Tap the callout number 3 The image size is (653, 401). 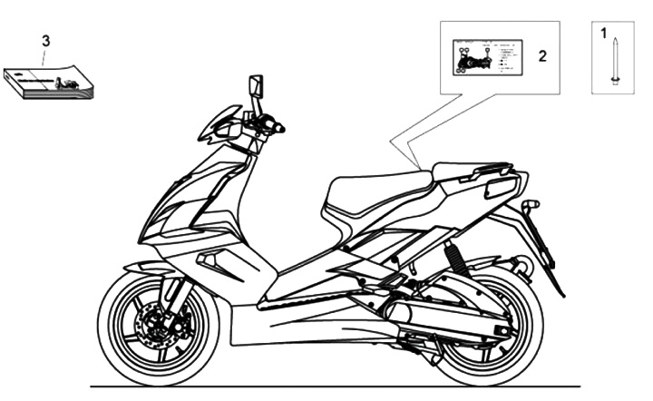(45, 40)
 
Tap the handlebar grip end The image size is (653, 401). (279, 129)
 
